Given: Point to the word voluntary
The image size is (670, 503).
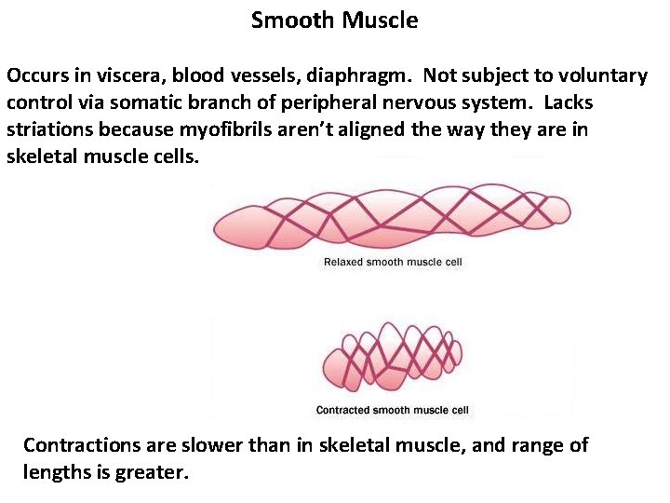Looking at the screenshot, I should coord(596,75).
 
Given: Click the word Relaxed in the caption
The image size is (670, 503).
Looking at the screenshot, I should coord(343,263).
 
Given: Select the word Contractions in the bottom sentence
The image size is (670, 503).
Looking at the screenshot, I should coord(82,445).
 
